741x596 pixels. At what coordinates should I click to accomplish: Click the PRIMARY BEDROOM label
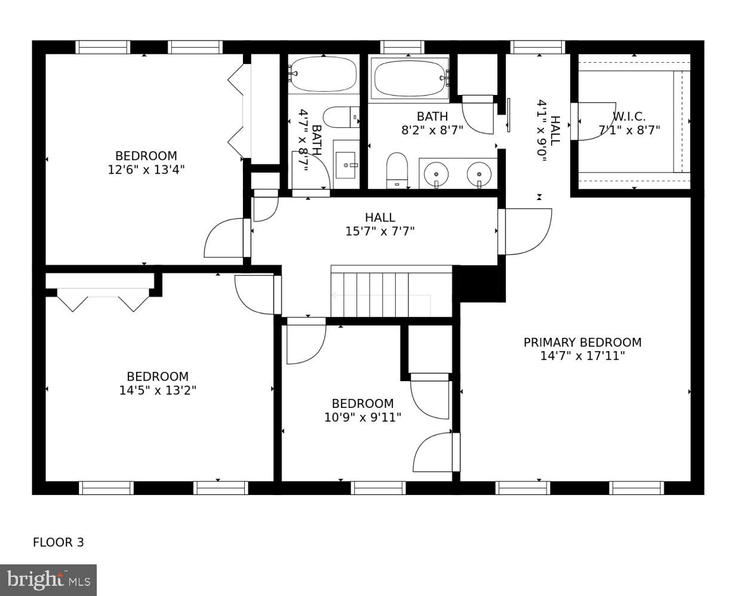point(582,342)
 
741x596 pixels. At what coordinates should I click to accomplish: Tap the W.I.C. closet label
point(629,116)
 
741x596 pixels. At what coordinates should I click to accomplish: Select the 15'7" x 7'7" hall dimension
point(380,231)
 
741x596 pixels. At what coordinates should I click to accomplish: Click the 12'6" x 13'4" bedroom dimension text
point(146,170)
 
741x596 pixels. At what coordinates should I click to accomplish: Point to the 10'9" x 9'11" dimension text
point(362,417)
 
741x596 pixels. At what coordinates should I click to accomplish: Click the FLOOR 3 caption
point(58,542)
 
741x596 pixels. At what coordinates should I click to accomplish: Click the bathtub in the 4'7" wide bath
point(323,74)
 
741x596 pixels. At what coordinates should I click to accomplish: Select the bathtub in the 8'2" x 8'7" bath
point(410,78)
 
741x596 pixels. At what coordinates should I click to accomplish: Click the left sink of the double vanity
point(436,174)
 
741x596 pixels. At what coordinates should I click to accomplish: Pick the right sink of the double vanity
point(479,174)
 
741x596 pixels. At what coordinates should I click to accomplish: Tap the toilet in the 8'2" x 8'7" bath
point(396,170)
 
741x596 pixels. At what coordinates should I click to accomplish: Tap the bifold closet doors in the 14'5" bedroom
point(103,300)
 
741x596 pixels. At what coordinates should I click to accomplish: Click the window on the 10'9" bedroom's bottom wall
point(378,488)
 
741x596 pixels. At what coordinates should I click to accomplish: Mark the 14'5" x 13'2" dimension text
point(158,391)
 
